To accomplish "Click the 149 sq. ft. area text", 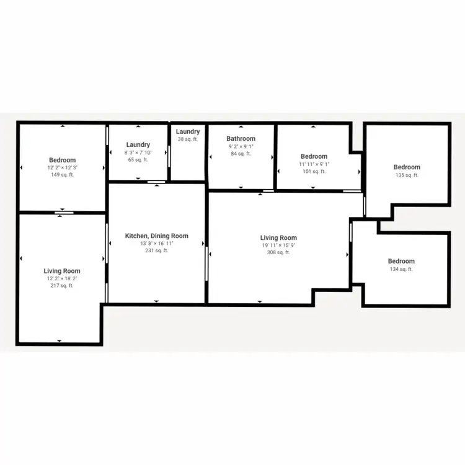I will [x=63, y=175].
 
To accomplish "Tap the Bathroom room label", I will [x=241, y=139].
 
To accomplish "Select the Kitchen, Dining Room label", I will [x=156, y=236].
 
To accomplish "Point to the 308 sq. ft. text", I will [x=278, y=253].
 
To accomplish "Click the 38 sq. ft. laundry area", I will [x=188, y=139].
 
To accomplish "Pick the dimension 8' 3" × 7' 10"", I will [x=138, y=153].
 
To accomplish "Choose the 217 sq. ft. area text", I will [x=62, y=286].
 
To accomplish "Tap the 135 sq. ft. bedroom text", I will [x=407, y=175].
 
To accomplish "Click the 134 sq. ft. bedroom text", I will [x=401, y=269].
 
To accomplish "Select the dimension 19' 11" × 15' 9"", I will [x=278, y=246].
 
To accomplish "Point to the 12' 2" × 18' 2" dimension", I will [x=62, y=278].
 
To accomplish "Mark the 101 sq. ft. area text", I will [x=314, y=172].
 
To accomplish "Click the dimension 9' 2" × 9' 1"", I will [x=241, y=146].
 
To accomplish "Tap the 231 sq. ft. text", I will [x=156, y=251].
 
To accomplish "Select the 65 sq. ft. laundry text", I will [x=138, y=160].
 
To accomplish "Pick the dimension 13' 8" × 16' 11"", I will [x=156, y=244].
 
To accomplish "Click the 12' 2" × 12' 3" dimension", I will [x=63, y=168].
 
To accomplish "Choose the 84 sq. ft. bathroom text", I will [x=241, y=154].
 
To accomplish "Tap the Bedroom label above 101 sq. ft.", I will [x=314, y=157].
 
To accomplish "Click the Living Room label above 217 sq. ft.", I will [x=62, y=271].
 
